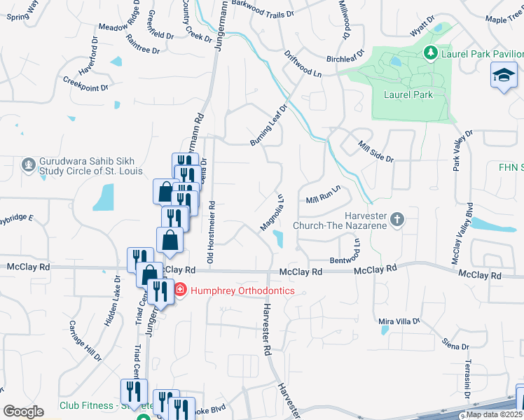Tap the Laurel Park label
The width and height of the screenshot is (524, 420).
point(408,94)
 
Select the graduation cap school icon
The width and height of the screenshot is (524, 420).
point(503,75)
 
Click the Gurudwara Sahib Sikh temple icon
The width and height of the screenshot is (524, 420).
point(28,165)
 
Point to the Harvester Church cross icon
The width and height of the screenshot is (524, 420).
point(397,220)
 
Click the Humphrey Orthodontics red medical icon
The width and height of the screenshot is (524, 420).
point(179,290)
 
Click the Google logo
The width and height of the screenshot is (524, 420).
point(23,411)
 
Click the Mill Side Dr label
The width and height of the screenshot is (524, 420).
point(375,151)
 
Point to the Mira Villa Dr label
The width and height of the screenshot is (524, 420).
point(398,321)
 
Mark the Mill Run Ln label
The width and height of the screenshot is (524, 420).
point(322,195)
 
